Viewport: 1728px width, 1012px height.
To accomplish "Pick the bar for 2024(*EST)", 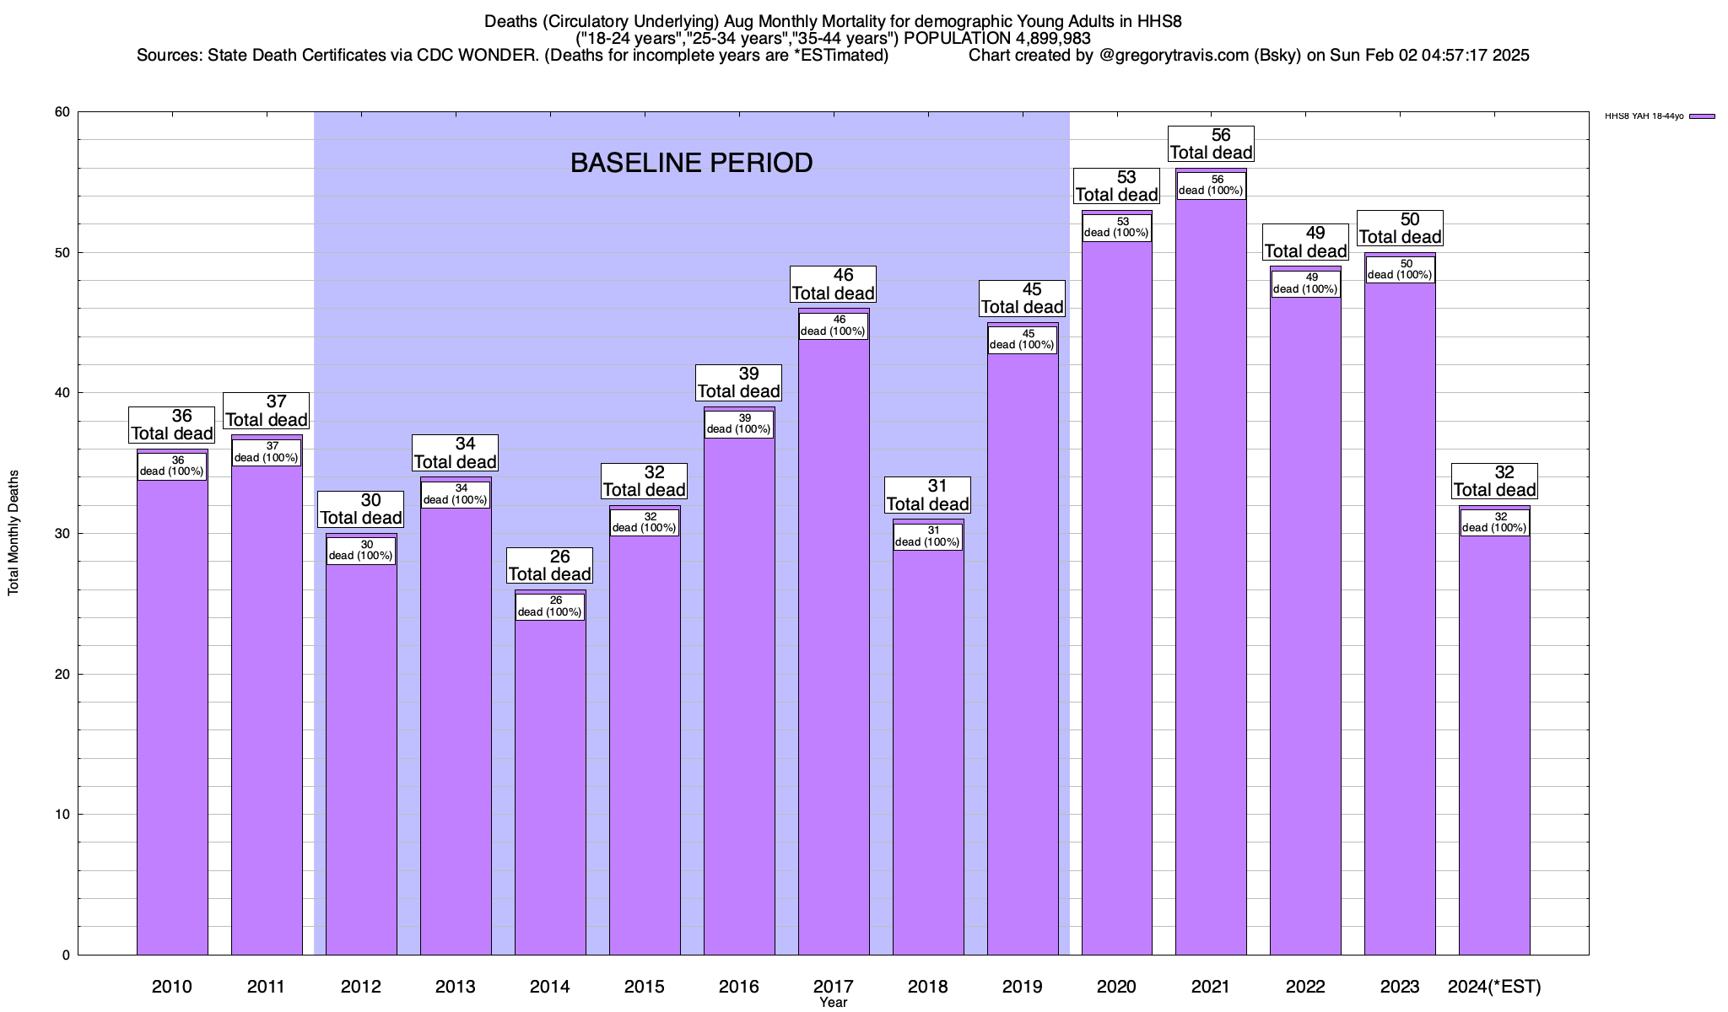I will (1494, 742).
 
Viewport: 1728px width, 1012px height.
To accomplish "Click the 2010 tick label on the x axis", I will (172, 986).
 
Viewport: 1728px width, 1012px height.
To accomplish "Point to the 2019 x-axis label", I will (1022, 986).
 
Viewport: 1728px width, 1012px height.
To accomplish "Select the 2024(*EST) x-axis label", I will (1494, 986).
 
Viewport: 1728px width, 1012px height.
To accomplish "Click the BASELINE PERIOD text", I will (691, 163).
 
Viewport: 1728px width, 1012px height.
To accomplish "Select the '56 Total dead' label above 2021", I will (1211, 143).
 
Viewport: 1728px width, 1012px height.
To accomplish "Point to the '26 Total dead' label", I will (550, 565).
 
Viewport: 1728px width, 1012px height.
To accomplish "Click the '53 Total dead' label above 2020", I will (1116, 186).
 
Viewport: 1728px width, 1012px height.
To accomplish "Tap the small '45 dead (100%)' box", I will (1022, 339).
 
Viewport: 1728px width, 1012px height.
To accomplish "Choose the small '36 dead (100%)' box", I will (172, 466).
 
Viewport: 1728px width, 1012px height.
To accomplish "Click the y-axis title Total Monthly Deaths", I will (13, 533).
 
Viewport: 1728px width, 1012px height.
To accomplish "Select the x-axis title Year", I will (833, 1003).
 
